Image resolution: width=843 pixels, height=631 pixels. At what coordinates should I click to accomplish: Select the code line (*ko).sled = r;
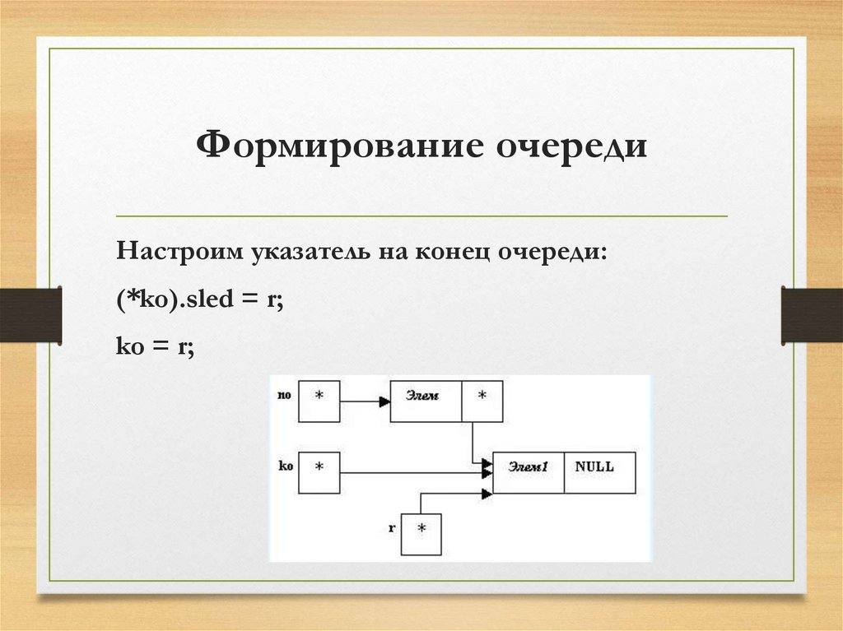[200, 300]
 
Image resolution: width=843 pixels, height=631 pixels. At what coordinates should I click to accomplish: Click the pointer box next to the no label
[319, 401]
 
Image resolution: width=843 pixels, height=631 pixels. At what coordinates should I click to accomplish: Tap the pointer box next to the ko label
[319, 472]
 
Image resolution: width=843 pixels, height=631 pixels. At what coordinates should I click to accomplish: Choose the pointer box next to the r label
[421, 534]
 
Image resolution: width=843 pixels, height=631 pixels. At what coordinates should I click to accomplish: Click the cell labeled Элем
[426, 401]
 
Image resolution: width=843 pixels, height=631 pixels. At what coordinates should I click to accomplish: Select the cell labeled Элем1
[529, 472]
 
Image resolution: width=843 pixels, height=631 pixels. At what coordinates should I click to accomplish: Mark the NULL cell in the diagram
[599, 472]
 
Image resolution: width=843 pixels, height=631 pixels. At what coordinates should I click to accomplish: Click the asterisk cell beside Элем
[482, 401]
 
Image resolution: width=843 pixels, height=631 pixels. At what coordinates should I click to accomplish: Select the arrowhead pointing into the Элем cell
[384, 402]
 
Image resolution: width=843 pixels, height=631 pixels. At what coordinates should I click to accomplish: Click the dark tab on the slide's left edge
[30, 314]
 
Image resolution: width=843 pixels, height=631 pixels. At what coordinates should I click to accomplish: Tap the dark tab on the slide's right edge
[812, 314]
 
